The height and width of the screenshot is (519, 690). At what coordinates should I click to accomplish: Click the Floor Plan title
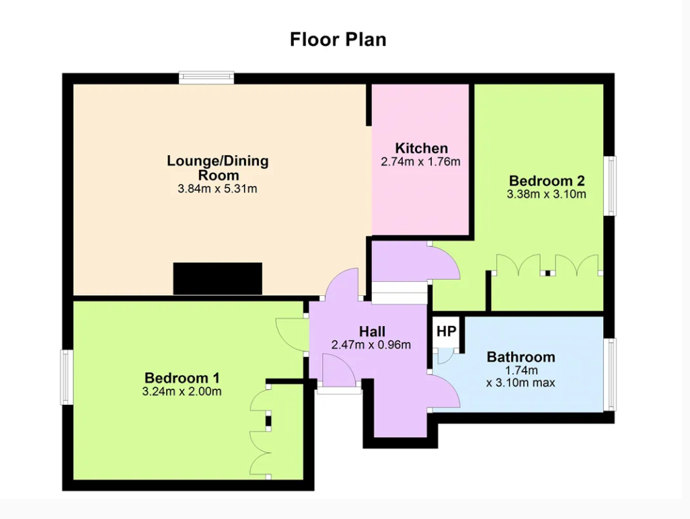pyautogui.click(x=338, y=39)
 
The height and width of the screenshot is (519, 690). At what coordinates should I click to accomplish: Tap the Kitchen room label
pyautogui.click(x=421, y=148)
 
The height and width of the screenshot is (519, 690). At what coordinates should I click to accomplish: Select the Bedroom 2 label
pyautogui.click(x=547, y=180)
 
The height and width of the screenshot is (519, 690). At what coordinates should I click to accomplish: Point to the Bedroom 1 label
pyautogui.click(x=182, y=377)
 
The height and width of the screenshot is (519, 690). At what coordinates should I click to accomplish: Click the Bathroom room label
pyautogui.click(x=521, y=356)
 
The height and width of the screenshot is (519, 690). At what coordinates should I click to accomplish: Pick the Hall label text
pyautogui.click(x=372, y=331)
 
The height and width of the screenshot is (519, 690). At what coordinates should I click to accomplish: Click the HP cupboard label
pyautogui.click(x=446, y=331)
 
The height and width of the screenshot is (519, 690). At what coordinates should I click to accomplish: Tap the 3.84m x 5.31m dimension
pyautogui.click(x=217, y=189)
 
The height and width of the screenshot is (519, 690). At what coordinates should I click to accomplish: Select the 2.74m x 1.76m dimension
pyautogui.click(x=421, y=162)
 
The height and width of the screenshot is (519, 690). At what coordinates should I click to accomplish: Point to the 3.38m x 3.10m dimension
pyautogui.click(x=547, y=194)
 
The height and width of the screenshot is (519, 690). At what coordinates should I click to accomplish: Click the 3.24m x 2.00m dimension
pyautogui.click(x=182, y=391)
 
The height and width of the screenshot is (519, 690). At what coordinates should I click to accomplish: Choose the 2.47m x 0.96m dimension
pyautogui.click(x=371, y=344)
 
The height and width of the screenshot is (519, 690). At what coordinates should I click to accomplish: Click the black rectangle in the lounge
pyautogui.click(x=218, y=279)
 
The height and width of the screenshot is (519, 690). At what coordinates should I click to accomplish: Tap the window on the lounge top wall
pyautogui.click(x=206, y=78)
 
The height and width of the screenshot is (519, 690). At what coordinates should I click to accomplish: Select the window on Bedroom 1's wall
pyautogui.click(x=67, y=377)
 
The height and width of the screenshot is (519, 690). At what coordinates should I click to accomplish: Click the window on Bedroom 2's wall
pyautogui.click(x=610, y=186)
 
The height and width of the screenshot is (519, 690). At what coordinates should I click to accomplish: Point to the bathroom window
pyautogui.click(x=610, y=374)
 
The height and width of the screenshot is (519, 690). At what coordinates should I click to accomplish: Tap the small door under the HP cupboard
pyautogui.click(x=444, y=356)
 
